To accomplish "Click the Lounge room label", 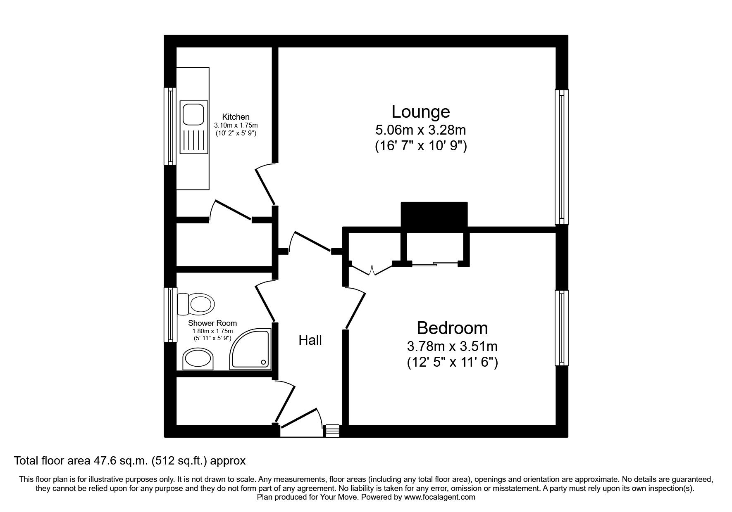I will point(420,111).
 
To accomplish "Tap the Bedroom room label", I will point(452,328).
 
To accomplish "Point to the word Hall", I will point(310,340).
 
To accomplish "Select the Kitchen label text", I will point(236,117).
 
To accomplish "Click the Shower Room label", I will point(212,323).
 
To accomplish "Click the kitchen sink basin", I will point(193,114).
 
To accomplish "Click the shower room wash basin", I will point(198,359).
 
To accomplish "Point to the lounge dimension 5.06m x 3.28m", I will point(420,130).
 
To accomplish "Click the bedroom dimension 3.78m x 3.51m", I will point(452,346).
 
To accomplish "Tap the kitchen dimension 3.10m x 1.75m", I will point(236,125).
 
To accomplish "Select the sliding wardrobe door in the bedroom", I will point(435,263).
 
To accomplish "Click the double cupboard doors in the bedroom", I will point(372,271).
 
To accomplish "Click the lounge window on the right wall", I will point(561,157).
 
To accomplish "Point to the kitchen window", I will point(170,126).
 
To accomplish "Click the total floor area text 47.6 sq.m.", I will point(130,460).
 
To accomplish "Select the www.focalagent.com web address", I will point(439,497).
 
